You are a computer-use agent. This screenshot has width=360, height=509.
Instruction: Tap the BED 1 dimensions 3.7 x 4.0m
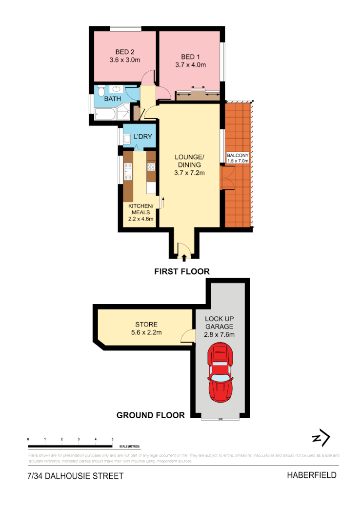(x=190, y=64)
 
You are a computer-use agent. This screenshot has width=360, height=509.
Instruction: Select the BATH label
(x=113, y=99)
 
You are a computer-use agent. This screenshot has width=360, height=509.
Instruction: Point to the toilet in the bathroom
(x=100, y=92)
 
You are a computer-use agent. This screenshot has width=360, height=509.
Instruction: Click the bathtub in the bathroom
(x=105, y=114)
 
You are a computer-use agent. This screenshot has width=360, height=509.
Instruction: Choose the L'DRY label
(x=143, y=137)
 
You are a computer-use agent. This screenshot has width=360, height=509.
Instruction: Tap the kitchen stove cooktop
(x=151, y=166)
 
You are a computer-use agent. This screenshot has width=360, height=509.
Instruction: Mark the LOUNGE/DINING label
(x=190, y=161)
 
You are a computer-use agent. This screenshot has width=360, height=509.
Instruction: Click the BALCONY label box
(x=238, y=158)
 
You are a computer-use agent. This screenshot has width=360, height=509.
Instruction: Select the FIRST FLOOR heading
(x=181, y=271)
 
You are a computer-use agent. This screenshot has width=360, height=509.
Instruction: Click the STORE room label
(x=146, y=324)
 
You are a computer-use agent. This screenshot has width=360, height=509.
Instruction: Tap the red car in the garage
(x=221, y=372)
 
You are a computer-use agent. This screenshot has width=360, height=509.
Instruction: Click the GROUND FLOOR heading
(x=150, y=415)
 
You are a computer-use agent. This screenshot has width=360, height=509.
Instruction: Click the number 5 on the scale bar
(x=113, y=440)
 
